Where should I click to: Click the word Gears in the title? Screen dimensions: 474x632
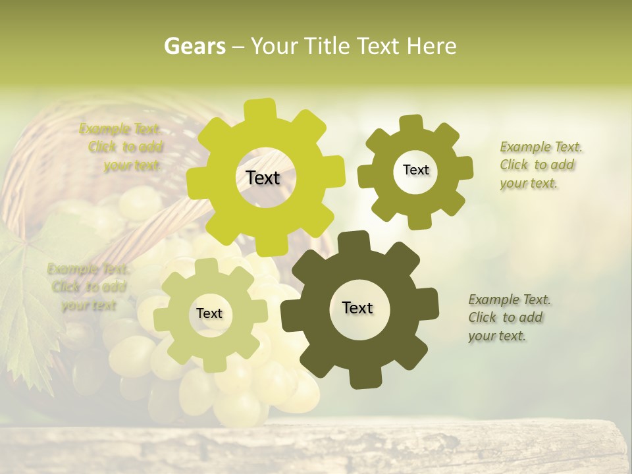point(194,46)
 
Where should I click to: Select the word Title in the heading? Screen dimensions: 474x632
point(328,46)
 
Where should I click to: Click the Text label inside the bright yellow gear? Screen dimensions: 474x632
point(263,178)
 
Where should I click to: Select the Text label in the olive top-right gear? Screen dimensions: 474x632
point(415,170)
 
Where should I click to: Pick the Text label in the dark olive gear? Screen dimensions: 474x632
point(357,307)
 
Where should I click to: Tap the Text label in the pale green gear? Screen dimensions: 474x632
point(209,313)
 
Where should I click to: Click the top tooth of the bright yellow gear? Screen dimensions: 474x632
point(260,109)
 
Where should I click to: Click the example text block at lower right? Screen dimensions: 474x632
point(508,317)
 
